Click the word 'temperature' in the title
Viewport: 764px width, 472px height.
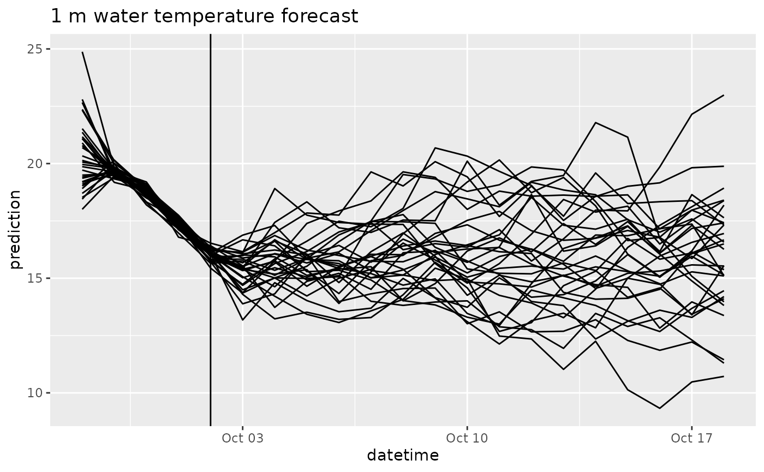pyautogui.click(x=214, y=16)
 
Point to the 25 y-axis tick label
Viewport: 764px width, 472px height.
pyautogui.click(x=35, y=49)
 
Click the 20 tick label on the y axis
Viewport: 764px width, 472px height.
pyautogui.click(x=35, y=164)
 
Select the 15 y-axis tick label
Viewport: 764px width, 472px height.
pyautogui.click(x=35, y=278)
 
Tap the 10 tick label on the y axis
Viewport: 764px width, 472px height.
pyautogui.click(x=35, y=393)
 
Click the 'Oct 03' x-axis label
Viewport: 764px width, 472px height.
pyautogui.click(x=242, y=438)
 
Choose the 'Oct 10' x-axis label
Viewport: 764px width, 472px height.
pyautogui.click(x=467, y=438)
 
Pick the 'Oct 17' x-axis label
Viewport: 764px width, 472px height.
pyautogui.click(x=692, y=438)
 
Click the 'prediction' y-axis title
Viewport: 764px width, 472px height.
pyautogui.click(x=15, y=230)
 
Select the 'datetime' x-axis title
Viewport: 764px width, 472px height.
pyautogui.click(x=403, y=456)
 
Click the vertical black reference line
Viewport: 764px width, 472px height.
pyautogui.click(x=211, y=230)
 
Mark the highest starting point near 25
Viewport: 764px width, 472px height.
pyautogui.click(x=82, y=52)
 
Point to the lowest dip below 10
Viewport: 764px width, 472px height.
pyautogui.click(x=660, y=408)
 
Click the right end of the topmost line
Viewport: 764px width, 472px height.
pyautogui.click(x=724, y=95)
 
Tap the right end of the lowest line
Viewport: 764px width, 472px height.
pyautogui.click(x=724, y=377)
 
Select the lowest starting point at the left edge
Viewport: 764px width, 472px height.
pyautogui.click(x=82, y=208)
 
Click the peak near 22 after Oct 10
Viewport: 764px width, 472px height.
pyautogui.click(x=595, y=122)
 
